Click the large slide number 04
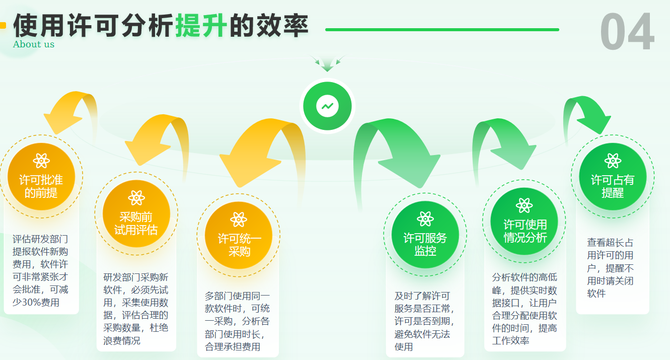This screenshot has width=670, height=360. coord(627,31)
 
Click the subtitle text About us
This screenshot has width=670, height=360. coord(34,44)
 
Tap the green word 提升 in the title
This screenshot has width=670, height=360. coord(201,26)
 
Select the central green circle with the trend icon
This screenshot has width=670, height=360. coord(327,106)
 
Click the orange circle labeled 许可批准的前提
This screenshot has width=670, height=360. coord(41,177)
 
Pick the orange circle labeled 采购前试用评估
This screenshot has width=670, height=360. coord(136,213)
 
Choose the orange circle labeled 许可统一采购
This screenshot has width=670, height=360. coord(239,235)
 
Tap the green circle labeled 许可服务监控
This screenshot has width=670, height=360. coord(425,235)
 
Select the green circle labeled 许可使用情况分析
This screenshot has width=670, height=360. coord(524,222)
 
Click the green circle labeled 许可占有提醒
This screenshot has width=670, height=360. coord(613,177)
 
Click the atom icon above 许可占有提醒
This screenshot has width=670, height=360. coord(613,161)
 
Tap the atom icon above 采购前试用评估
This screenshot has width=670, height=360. coord(136,198)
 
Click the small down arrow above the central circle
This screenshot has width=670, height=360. coord(327,63)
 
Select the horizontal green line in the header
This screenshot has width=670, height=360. coord(442,30)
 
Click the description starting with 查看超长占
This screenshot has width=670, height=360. coord(610,268)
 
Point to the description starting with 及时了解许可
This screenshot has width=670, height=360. coord(424,321)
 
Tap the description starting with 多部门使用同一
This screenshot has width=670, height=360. coord(237,321)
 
